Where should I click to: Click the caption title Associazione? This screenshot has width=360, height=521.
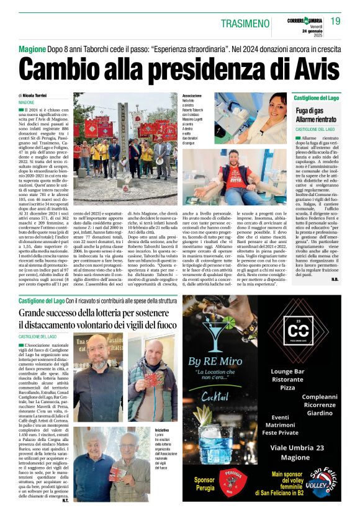193,96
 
